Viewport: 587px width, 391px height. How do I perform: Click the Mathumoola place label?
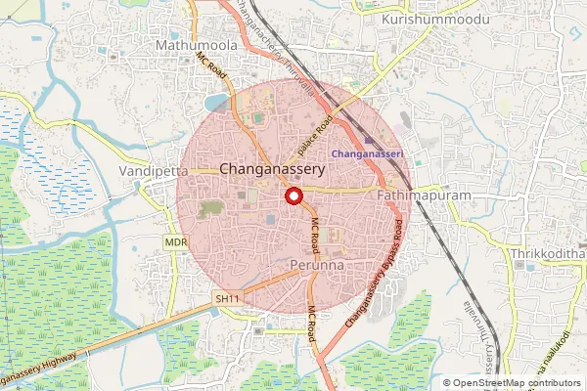[194, 45]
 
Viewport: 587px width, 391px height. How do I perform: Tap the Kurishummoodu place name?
[423, 19]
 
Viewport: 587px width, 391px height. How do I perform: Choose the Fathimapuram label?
[424, 195]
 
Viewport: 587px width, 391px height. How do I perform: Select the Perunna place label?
[314, 265]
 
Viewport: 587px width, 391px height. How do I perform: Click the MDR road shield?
[176, 241]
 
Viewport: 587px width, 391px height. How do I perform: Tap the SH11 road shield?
[228, 295]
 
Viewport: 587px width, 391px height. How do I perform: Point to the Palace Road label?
[316, 134]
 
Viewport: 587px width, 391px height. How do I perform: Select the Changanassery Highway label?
[44, 369]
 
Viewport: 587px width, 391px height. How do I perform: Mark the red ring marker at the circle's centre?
[293, 195]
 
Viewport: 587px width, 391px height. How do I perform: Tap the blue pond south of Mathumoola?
[214, 101]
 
